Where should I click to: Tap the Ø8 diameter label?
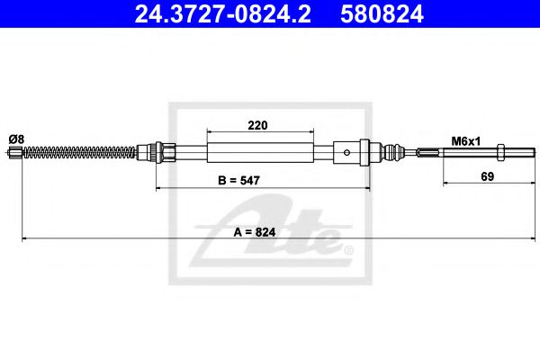coord(18,139)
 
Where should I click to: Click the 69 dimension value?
coord(487,177)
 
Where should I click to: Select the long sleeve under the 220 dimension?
coord(261,153)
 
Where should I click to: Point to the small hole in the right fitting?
coord(349,153)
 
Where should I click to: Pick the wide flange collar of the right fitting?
coord(364,153)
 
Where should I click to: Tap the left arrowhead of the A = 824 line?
coord(24,238)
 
